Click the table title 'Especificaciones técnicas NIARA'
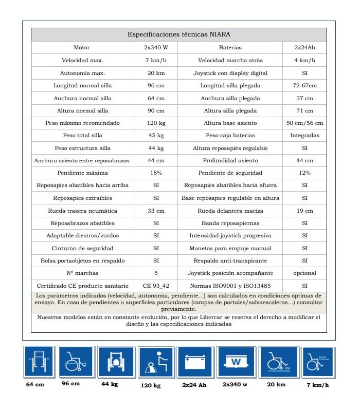point(178,35)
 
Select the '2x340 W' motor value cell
point(156,47)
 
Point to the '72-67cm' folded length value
point(304,85)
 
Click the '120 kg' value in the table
point(156,123)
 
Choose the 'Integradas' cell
point(304,136)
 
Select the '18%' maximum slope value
point(156,173)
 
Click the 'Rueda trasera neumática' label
point(82,211)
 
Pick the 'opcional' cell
point(304,273)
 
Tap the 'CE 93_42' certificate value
point(156,286)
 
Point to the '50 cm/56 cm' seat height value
point(304,123)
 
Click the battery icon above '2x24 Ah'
point(194,363)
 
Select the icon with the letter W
point(236,363)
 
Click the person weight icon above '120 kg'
point(153,363)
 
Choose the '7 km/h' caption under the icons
point(317,385)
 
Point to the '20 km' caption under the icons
point(277,384)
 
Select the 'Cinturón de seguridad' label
point(82,248)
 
